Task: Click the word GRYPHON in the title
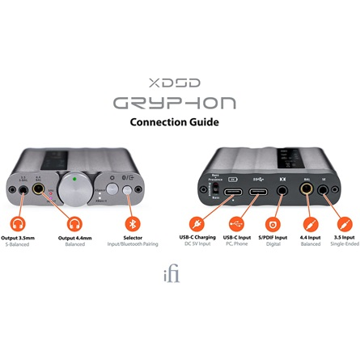point(180,104)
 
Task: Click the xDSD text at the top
point(180,82)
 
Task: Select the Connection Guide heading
point(180,123)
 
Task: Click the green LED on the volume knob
point(74,179)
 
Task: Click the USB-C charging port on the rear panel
point(231,193)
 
